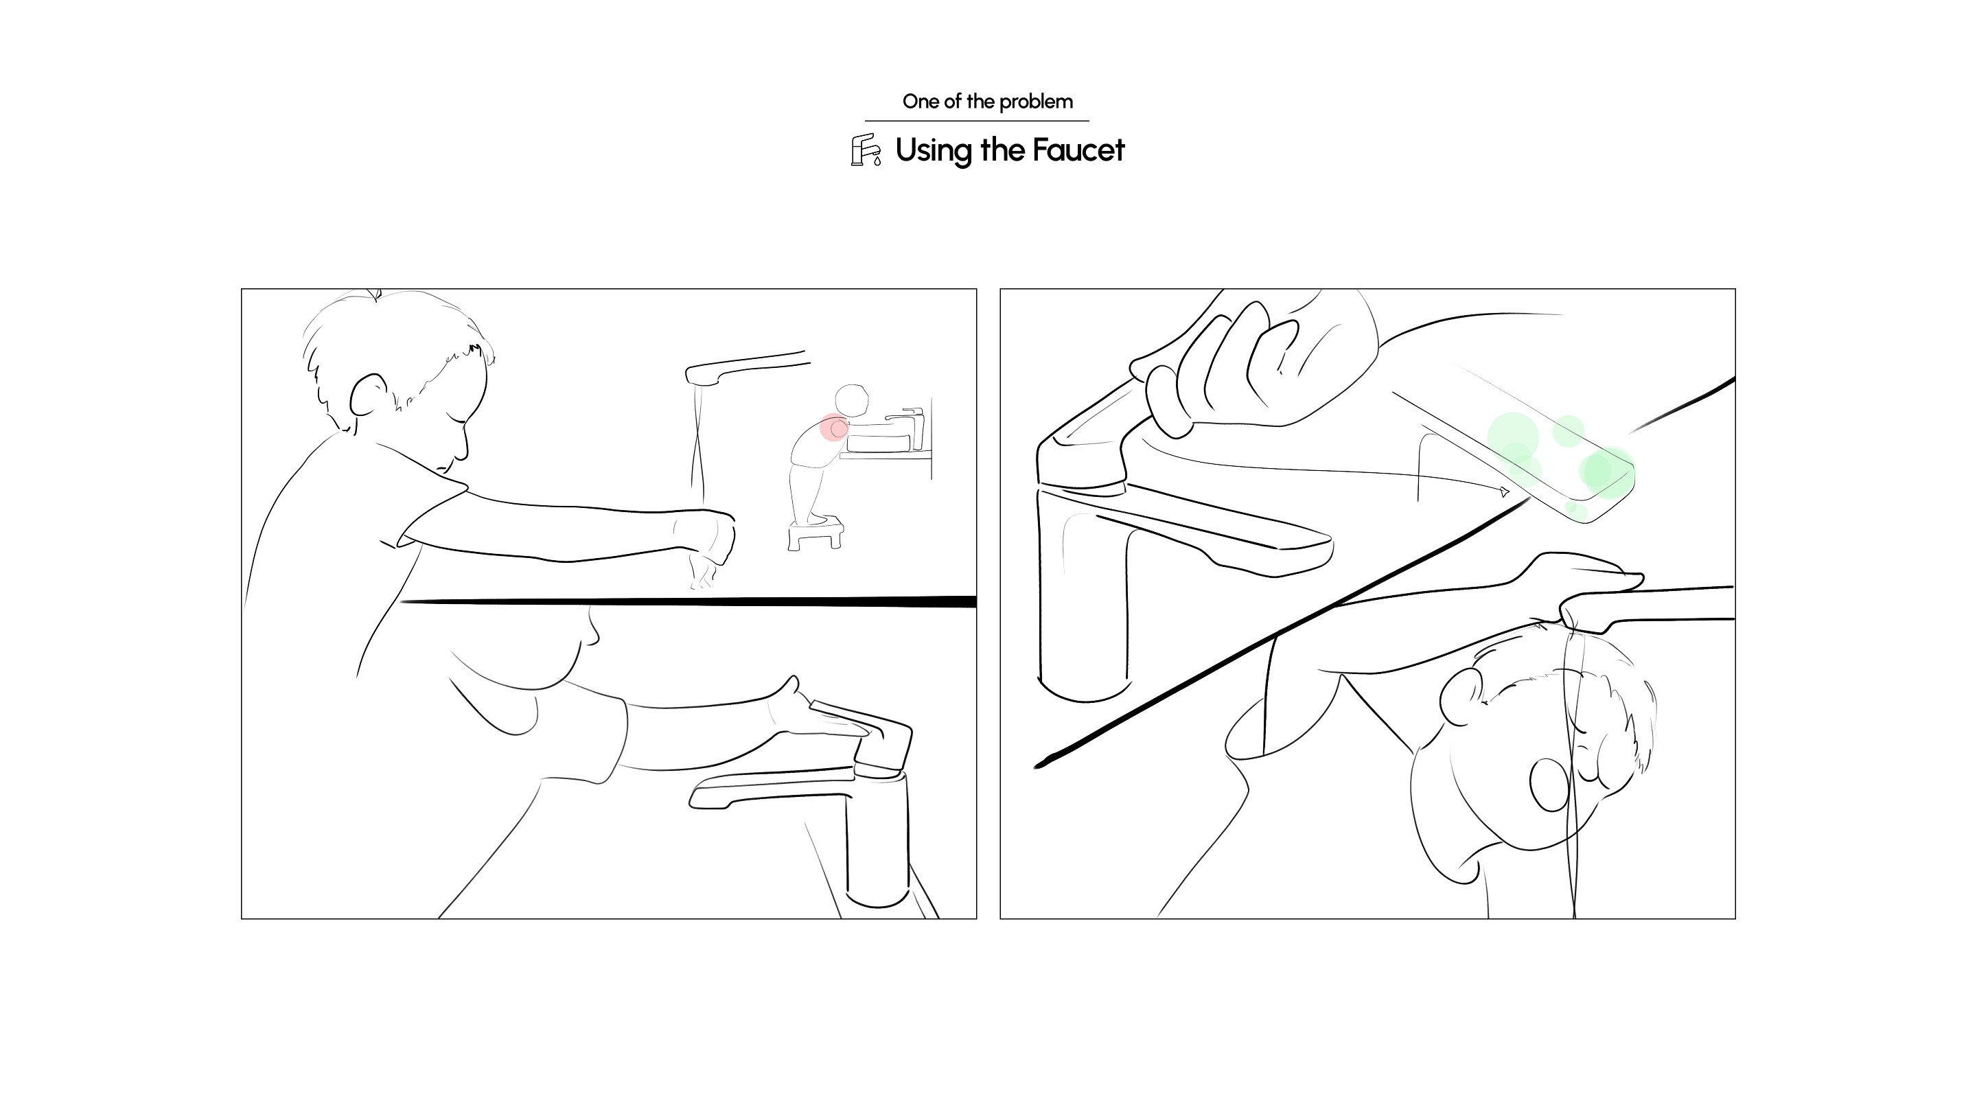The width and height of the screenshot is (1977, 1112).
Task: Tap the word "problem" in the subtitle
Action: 1036,102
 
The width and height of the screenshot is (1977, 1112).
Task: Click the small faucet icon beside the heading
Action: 866,150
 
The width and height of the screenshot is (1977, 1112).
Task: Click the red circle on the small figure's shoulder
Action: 834,428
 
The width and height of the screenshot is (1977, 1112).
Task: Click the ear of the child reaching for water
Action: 369,395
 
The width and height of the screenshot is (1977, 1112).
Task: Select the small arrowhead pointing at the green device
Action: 1504,492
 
